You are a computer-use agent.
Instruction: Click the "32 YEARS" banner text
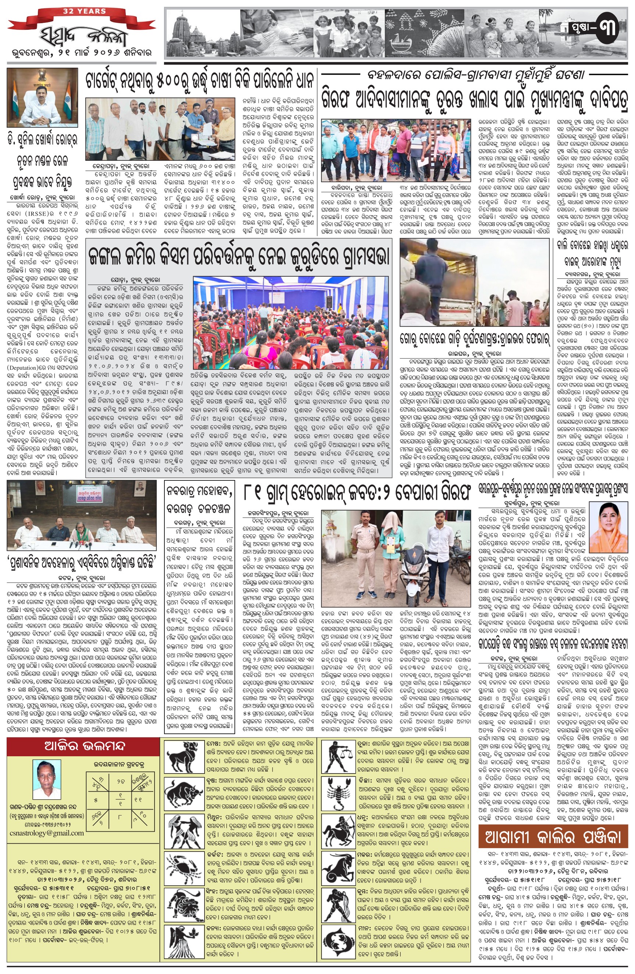[84, 11]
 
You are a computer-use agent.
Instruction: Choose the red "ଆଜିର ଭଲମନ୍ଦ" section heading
[84, 746]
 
